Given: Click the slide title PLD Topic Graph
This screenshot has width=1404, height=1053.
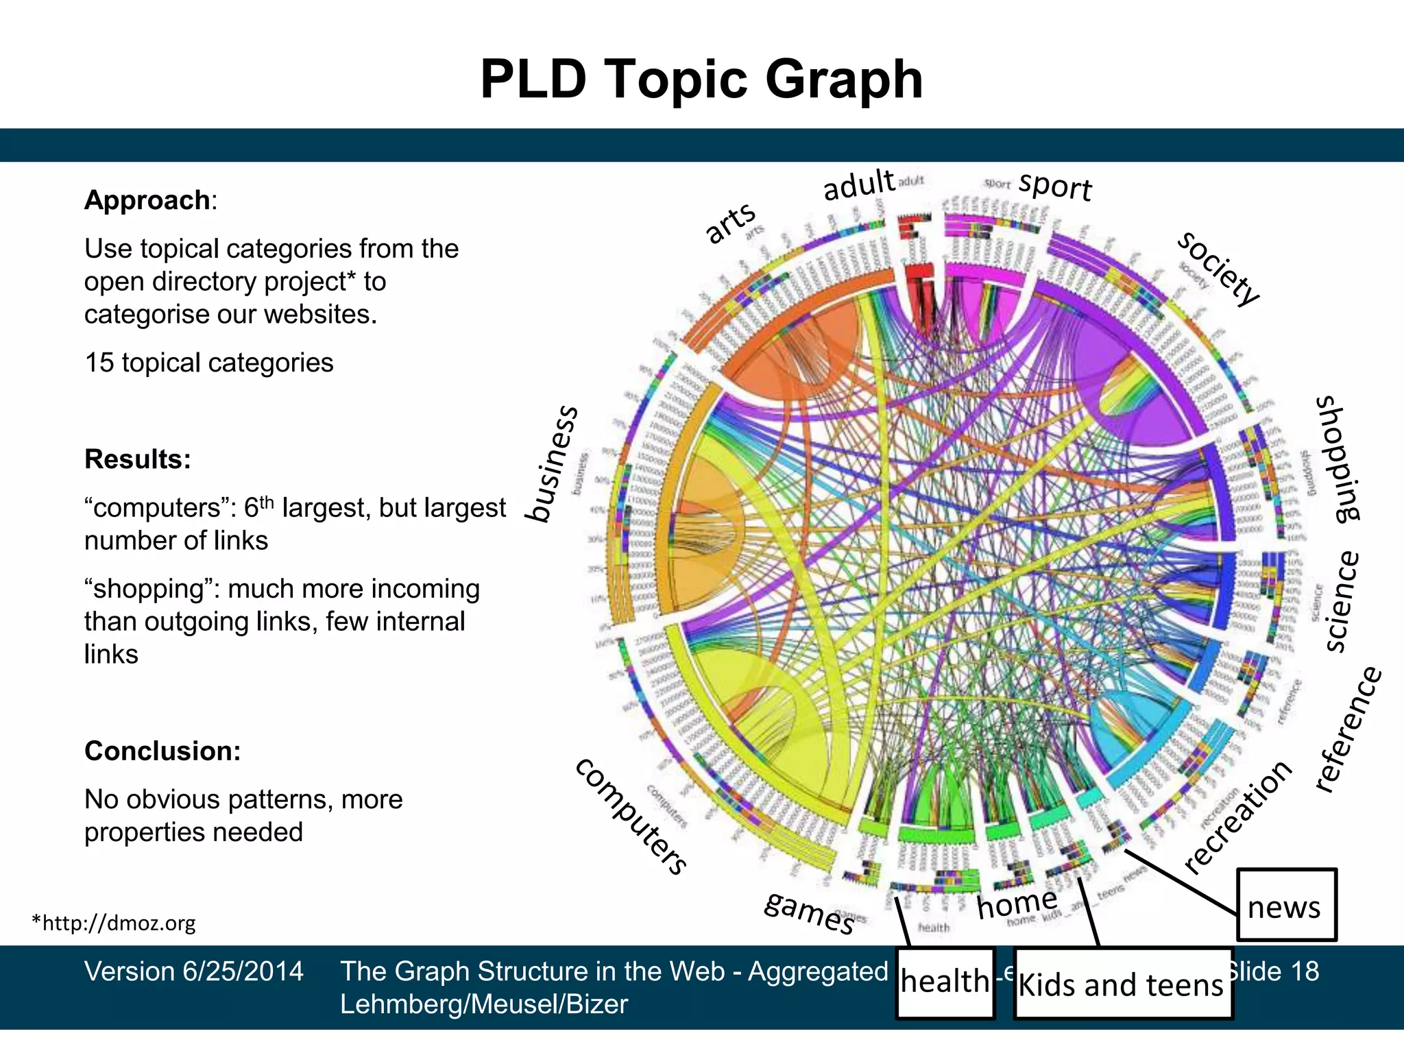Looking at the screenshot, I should (701, 80).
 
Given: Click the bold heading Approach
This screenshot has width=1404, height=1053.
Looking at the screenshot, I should (147, 200).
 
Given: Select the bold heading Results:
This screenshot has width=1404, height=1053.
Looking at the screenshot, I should (137, 459).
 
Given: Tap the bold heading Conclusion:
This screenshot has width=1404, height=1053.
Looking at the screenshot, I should (162, 751).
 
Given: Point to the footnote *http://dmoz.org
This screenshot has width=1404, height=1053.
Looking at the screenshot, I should (114, 923).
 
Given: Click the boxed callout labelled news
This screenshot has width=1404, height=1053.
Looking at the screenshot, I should (1285, 906).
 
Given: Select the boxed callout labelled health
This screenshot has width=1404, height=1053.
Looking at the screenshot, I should (945, 982).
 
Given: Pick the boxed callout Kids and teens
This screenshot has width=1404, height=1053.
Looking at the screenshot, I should (1122, 984).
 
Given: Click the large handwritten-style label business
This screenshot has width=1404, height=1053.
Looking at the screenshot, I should (553, 464).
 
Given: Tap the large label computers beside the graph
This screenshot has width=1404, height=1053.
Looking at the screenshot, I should (631, 816).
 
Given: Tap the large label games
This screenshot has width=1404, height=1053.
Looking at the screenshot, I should (810, 911).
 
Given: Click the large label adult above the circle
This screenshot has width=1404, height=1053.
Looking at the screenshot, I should (859, 185).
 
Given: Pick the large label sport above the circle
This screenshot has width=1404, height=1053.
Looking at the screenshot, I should (1055, 186).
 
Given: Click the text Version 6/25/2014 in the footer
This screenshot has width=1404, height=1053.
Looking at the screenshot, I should (193, 971).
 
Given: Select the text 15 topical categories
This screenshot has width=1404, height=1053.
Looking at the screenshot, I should (208, 363).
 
